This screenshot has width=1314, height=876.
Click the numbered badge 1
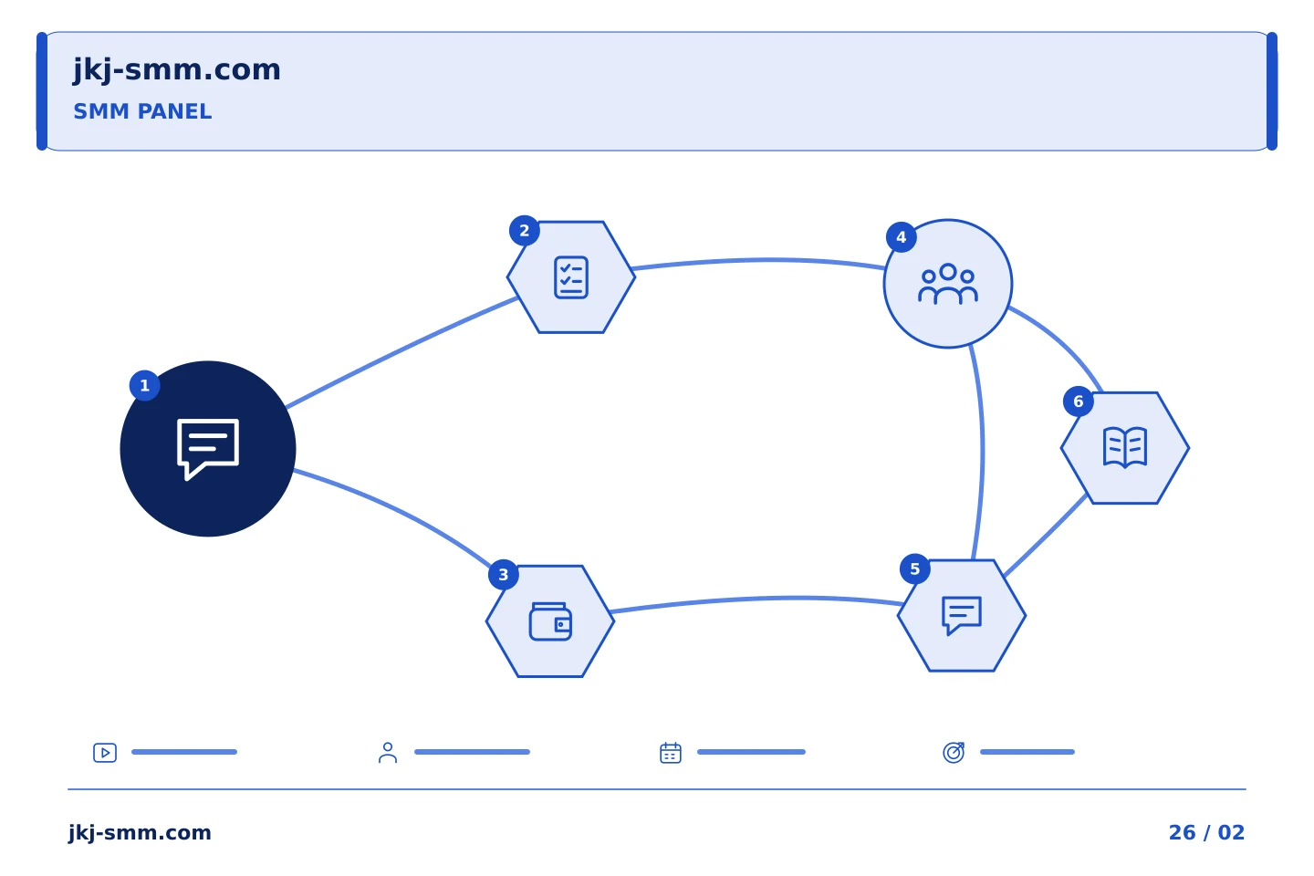tap(144, 385)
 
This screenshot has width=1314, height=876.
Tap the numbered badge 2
tap(525, 231)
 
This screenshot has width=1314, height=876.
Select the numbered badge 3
tap(504, 574)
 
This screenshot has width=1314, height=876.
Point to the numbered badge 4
tap(902, 237)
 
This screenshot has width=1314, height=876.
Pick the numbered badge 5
tap(915, 569)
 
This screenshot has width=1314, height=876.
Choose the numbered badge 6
tap(1079, 401)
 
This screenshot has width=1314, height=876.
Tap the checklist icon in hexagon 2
tap(571, 277)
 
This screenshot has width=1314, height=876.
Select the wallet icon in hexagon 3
tap(550, 621)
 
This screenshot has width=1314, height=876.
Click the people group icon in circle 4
tap(948, 284)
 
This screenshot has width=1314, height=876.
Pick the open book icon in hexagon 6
tap(1125, 448)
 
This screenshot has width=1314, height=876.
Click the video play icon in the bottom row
tap(105, 753)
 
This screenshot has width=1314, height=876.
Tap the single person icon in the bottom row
tap(388, 753)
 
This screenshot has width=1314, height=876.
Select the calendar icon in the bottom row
tap(671, 753)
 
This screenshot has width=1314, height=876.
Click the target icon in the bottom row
tap(954, 752)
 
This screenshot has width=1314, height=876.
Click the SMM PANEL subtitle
tap(142, 111)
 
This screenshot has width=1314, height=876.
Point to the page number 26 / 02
tap(1206, 832)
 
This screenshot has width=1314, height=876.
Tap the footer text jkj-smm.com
tap(140, 833)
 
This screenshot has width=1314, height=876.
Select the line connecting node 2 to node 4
tap(759, 259)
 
